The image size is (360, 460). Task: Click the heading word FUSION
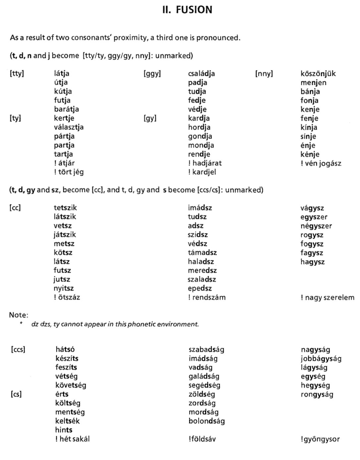(x=194, y=10)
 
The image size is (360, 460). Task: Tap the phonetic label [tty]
(x=17, y=74)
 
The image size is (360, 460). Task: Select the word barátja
(x=66, y=109)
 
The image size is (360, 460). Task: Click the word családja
(x=201, y=74)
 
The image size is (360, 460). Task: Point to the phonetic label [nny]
(x=264, y=74)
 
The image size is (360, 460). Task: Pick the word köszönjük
(x=318, y=74)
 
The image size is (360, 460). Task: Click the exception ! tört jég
(x=69, y=172)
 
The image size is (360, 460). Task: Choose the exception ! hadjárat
(x=205, y=163)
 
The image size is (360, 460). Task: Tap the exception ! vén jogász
(x=321, y=163)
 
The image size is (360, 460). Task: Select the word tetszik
(x=65, y=208)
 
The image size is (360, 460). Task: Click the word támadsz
(x=202, y=253)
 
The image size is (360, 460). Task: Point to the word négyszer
(x=316, y=226)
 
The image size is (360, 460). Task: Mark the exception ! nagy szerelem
(x=327, y=298)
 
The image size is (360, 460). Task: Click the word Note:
(x=19, y=315)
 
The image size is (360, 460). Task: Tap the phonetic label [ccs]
(x=18, y=349)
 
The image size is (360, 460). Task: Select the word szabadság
(x=206, y=349)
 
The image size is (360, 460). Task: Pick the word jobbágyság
(x=321, y=358)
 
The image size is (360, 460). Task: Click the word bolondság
(x=207, y=421)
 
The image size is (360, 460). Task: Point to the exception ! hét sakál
(x=72, y=439)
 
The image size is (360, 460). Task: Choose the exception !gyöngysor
(x=320, y=439)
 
